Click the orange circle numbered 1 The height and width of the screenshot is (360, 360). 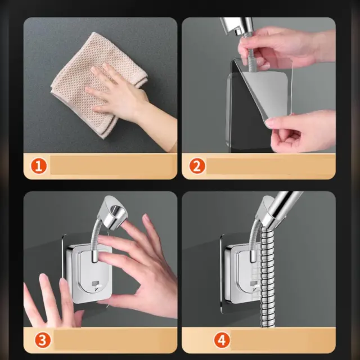coord(39,166)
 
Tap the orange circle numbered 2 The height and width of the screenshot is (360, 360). coord(197,166)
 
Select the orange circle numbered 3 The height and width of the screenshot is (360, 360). coord(43,340)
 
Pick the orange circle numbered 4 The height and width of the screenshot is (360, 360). coord(222,340)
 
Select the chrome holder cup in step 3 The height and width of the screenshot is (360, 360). coord(113,213)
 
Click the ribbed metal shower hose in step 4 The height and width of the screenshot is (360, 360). coord(268,276)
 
